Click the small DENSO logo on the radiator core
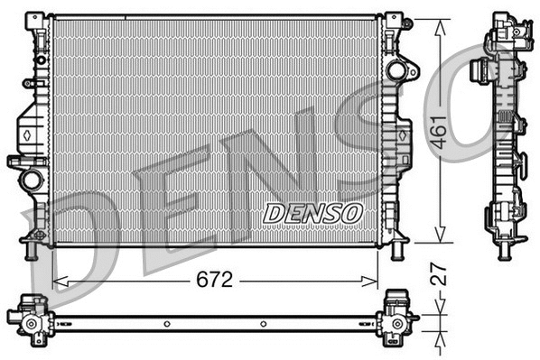[x=313, y=213]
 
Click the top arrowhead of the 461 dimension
[x=439, y=24]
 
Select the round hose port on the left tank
[x=33, y=179]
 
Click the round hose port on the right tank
[x=396, y=69]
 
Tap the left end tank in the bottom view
[x=32, y=316]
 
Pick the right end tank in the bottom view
[x=396, y=315]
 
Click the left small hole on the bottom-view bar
[x=166, y=322]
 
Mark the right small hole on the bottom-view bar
[x=263, y=322]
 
